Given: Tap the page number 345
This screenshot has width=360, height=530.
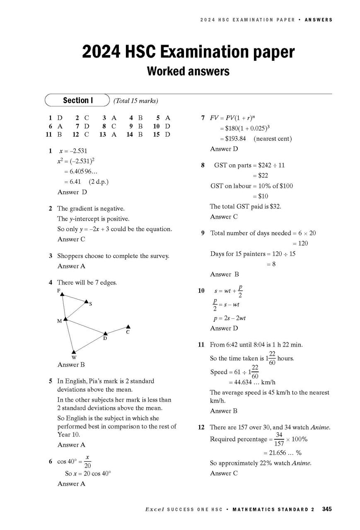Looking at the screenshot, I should click(327, 509).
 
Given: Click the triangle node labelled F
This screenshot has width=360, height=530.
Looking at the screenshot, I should click(62, 294).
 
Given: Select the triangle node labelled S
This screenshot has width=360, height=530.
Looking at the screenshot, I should click(86, 301).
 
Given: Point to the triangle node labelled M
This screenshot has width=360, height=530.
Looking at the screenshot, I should click(65, 318).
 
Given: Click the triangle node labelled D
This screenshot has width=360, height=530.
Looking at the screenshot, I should click(105, 333).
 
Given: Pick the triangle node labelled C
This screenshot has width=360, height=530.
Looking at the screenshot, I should click(128, 327).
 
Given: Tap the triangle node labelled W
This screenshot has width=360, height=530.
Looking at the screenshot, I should click(73, 352).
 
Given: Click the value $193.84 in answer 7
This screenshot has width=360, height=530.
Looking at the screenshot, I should click(233, 139).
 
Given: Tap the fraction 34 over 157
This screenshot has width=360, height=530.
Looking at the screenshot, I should click(279, 439).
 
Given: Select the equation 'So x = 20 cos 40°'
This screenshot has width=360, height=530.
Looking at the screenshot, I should click(88, 473).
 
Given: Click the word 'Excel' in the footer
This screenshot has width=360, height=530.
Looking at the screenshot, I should click(155, 510).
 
